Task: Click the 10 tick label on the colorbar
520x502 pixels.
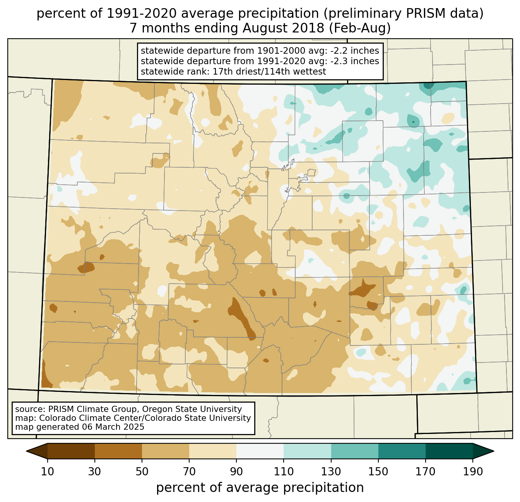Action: tap(48, 472)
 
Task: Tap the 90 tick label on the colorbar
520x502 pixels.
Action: tap(236, 472)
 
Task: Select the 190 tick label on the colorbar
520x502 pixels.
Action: tap(473, 472)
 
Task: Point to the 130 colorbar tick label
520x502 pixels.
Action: tap(331, 472)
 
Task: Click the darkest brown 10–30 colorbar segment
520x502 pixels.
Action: tap(71, 451)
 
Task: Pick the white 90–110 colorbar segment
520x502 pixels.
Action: tap(260, 451)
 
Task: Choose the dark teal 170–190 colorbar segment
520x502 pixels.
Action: tap(449, 451)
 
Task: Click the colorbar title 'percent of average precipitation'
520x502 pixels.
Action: tap(260, 488)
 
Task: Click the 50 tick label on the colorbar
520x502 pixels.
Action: tap(142, 472)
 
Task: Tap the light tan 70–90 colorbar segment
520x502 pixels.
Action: tap(213, 451)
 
